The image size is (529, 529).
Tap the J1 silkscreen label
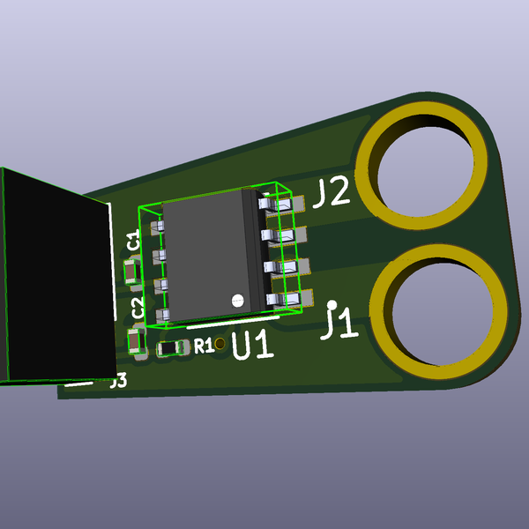click(x=339, y=321)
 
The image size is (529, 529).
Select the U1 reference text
click(x=252, y=345)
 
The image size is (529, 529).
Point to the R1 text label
click(x=203, y=346)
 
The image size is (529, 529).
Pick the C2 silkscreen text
click(x=138, y=308)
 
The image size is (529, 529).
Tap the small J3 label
click(x=118, y=381)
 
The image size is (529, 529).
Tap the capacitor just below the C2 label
click(x=137, y=340)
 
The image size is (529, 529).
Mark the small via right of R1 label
click(x=220, y=344)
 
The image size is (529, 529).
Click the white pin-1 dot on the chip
click(x=236, y=300)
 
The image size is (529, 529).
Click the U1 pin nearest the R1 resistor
click(x=161, y=315)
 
